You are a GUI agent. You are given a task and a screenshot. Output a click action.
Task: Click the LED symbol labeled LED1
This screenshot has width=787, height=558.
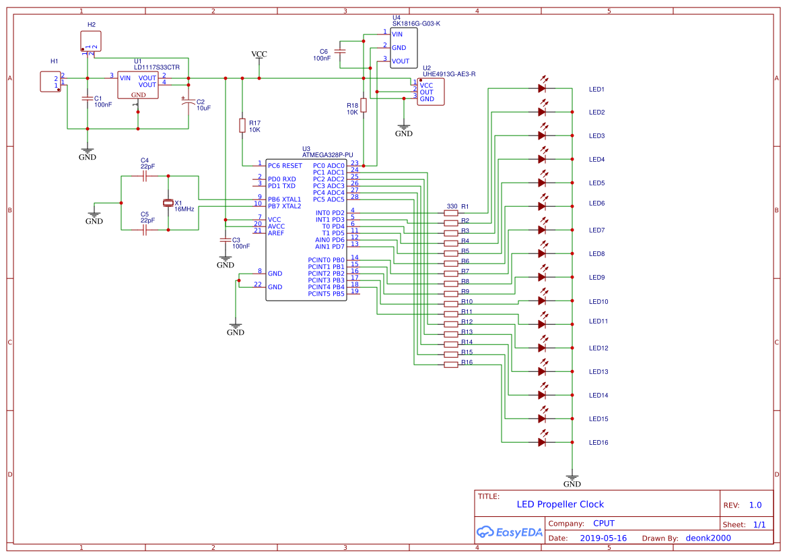pos(542,88)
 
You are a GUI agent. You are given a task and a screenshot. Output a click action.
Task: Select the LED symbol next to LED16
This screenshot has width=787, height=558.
pos(542,442)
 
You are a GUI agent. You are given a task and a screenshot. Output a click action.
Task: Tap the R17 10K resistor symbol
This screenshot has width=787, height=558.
pos(242,125)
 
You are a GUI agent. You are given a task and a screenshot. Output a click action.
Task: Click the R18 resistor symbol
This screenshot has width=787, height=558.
pos(364,105)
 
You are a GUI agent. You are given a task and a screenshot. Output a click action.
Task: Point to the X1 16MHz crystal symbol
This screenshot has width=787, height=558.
pos(168,203)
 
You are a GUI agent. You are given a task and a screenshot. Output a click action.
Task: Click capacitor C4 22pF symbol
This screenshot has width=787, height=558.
pos(145,176)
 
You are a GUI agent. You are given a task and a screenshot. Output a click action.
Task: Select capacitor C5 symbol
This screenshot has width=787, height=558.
pos(145,230)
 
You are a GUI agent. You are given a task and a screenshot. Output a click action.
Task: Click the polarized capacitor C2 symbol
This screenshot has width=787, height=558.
pos(189,101)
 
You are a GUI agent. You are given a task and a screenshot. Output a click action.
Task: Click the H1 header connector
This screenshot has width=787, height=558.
pos(50,82)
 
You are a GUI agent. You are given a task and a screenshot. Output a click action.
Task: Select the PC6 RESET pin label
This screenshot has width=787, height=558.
pos(285,165)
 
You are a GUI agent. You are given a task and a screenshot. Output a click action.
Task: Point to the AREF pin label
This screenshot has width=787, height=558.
pos(277,232)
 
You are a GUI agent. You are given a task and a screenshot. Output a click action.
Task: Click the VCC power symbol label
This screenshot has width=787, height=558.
pos(259,54)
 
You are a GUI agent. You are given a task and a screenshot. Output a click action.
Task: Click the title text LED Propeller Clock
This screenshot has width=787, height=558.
pos(560,504)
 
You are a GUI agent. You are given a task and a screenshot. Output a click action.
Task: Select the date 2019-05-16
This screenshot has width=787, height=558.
pos(603,538)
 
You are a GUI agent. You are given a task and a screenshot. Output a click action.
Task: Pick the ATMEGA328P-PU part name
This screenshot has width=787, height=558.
pos(327,155)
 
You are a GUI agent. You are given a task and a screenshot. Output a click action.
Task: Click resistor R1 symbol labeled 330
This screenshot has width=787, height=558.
pos(451,213)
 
